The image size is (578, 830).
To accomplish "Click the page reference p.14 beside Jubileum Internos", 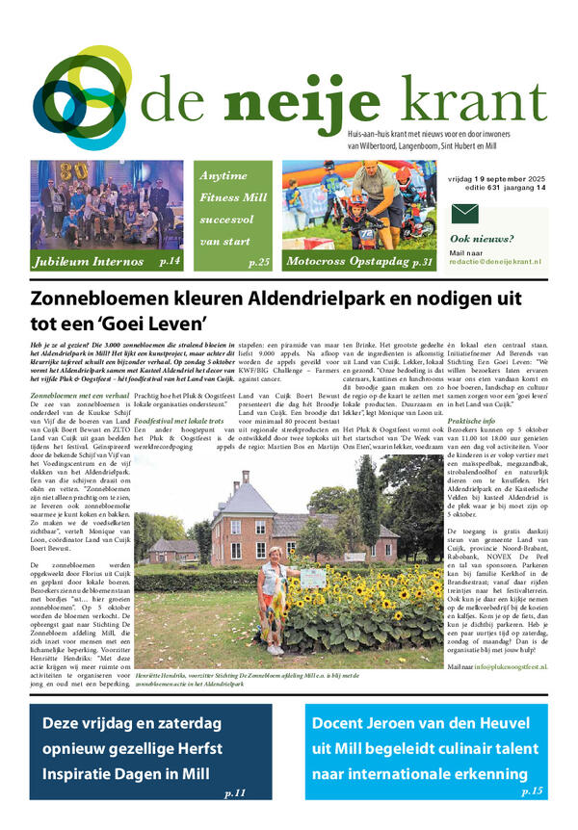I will click(170, 261).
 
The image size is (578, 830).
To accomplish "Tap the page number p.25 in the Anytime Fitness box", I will click(258, 262).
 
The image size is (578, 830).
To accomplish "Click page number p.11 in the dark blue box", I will click(235, 791).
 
